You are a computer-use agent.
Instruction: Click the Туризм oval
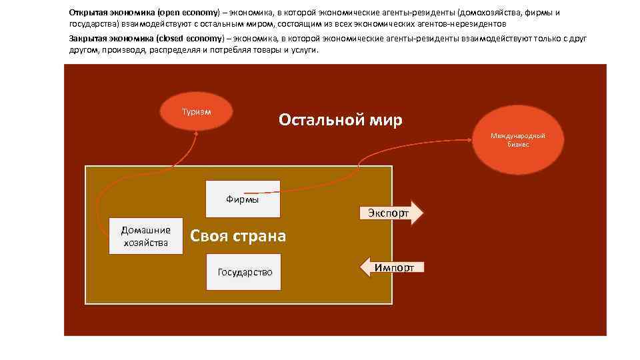[197, 112]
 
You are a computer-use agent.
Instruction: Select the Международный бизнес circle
[517, 140]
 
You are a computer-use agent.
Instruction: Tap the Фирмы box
[243, 199]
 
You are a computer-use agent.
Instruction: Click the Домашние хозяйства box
[145, 236]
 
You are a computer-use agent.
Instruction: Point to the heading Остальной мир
[340, 121]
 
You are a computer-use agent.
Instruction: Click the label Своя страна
[238, 236]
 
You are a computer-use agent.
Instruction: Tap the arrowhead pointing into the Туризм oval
[197, 133]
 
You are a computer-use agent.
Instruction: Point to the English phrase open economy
[191, 13]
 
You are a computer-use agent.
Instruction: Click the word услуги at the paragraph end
[305, 49]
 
